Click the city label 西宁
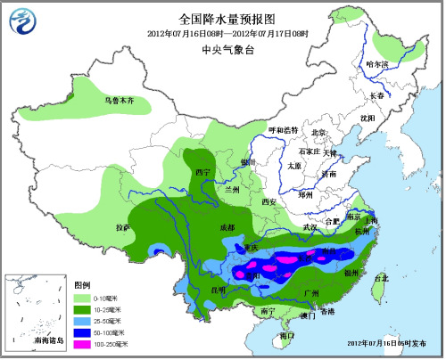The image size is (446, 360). tap(202, 171)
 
